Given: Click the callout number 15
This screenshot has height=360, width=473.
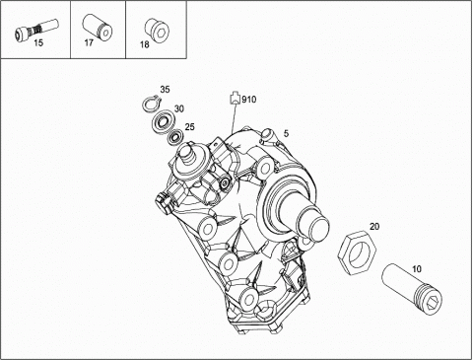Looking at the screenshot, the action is click(x=38, y=42).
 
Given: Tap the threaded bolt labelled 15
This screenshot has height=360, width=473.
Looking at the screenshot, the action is click(x=36, y=30).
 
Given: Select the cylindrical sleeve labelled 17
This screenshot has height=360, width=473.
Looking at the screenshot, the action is click(x=97, y=27).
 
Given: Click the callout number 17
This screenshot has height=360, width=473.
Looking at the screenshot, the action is click(x=89, y=42).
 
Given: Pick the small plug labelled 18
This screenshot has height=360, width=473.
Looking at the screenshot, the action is click(x=156, y=30).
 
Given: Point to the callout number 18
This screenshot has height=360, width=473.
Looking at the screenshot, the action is click(x=145, y=44).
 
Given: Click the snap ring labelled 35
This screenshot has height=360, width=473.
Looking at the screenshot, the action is click(x=152, y=104).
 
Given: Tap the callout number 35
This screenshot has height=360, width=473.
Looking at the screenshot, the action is click(x=165, y=89).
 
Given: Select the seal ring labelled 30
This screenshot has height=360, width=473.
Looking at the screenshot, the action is click(x=161, y=122).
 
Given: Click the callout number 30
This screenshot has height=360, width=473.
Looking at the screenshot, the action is click(x=179, y=108).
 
